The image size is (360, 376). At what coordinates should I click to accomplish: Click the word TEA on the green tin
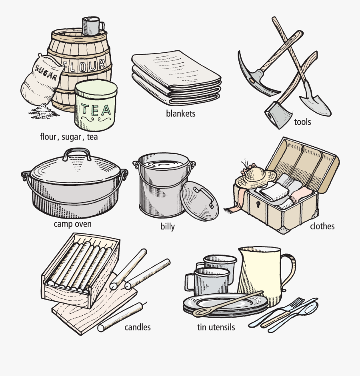tap(96, 109)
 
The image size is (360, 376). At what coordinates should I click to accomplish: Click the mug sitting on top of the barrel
tap(91, 26)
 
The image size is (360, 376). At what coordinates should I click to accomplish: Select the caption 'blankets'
tap(181, 113)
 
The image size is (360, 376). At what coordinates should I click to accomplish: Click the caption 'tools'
tap(302, 121)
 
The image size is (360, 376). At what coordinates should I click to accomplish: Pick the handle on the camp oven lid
tap(77, 154)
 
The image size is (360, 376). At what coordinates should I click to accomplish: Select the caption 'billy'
tap(168, 227)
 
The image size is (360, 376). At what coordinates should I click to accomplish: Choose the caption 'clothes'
tap(322, 227)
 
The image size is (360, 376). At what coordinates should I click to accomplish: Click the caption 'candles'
tap(138, 327)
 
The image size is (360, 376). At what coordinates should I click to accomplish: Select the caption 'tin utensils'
tap(216, 328)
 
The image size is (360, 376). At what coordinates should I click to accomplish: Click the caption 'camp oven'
tap(73, 224)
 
